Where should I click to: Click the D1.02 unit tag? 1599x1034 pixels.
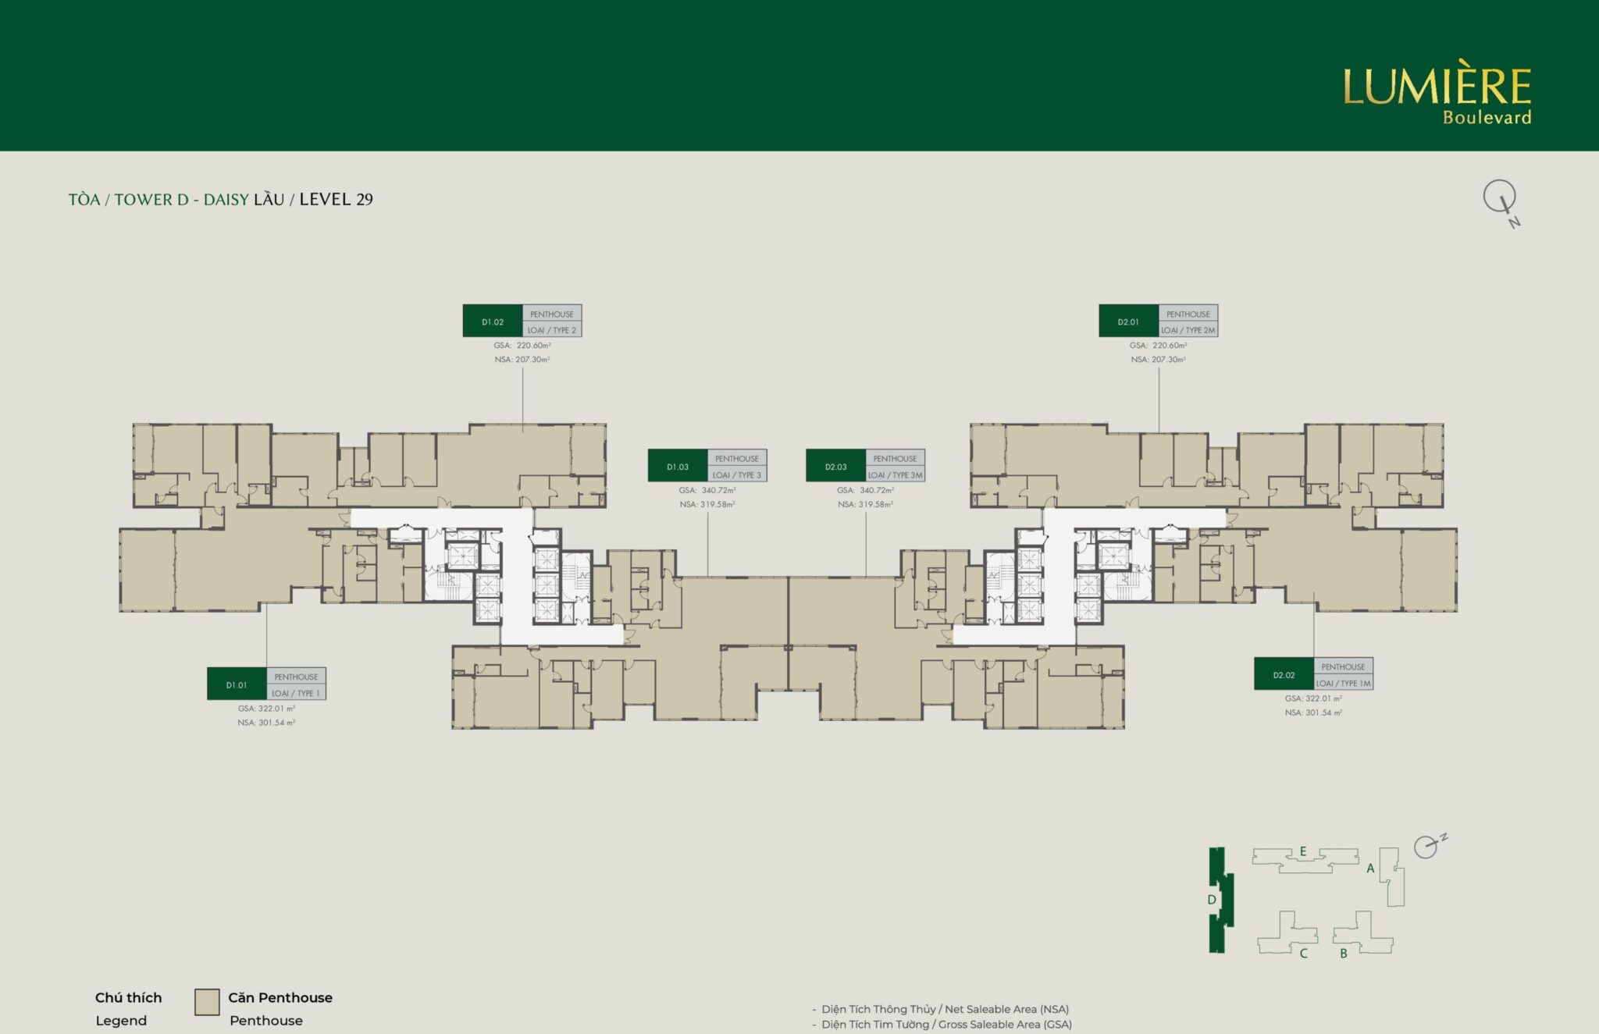click(x=493, y=321)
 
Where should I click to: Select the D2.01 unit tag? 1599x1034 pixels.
click(x=1128, y=321)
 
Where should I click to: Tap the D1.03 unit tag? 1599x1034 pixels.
click(x=678, y=466)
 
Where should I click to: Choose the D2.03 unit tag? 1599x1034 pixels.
click(x=835, y=466)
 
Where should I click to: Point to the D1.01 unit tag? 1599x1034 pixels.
click(x=237, y=684)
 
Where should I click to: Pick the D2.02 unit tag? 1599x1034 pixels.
click(x=1284, y=674)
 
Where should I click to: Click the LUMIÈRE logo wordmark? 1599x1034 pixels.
click(x=1437, y=87)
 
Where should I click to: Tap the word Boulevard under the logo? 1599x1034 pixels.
click(x=1487, y=118)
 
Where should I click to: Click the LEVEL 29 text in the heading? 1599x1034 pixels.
click(x=336, y=199)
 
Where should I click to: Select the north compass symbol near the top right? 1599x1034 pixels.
click(x=1501, y=202)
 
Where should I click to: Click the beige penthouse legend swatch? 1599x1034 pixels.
click(x=207, y=1002)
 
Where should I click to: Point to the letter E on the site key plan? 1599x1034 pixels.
click(x=1303, y=851)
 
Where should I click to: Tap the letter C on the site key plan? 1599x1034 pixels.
click(x=1303, y=953)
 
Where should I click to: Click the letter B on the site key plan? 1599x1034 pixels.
click(x=1343, y=953)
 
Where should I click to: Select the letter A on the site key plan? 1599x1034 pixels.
click(x=1370, y=868)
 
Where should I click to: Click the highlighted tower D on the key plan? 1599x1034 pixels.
click(x=1219, y=900)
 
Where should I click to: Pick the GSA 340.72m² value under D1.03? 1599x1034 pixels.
click(x=707, y=490)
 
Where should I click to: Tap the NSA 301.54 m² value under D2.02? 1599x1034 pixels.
click(x=1313, y=712)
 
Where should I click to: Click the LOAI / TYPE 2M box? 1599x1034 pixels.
click(x=1188, y=329)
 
